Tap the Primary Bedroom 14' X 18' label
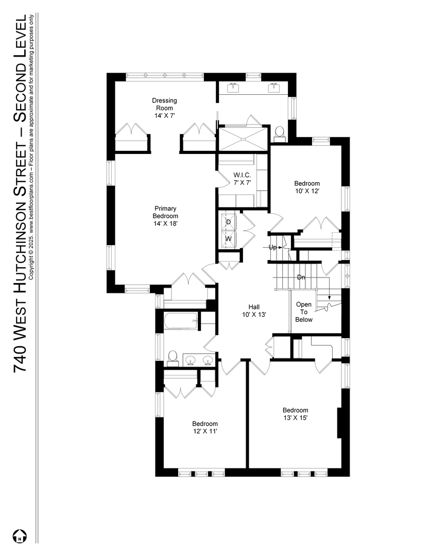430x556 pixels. click(165, 216)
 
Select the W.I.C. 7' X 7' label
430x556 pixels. click(243, 179)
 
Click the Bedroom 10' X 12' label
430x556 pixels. click(307, 187)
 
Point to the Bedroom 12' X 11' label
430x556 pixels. click(205, 427)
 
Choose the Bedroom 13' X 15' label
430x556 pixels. click(295, 414)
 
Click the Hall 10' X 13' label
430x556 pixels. click(254, 310)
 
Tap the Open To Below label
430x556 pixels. click(304, 312)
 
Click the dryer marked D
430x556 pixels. click(229, 221)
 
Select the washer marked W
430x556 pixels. click(229, 239)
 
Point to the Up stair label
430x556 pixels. click(272, 247)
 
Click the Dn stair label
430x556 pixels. click(301, 277)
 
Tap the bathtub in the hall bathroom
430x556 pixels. click(181, 322)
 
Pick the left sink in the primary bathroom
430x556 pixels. click(233, 86)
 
